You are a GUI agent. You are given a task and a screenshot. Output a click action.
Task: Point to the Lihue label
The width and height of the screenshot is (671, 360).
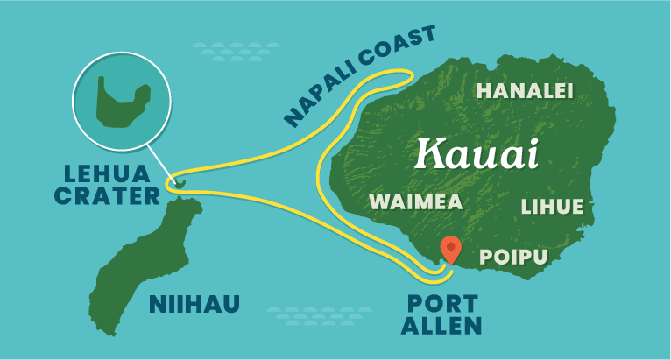point(551,207)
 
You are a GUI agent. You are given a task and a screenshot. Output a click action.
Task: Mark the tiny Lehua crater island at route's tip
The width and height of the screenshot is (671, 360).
point(179,183)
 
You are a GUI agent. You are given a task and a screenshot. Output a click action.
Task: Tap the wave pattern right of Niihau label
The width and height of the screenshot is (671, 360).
point(306,314)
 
